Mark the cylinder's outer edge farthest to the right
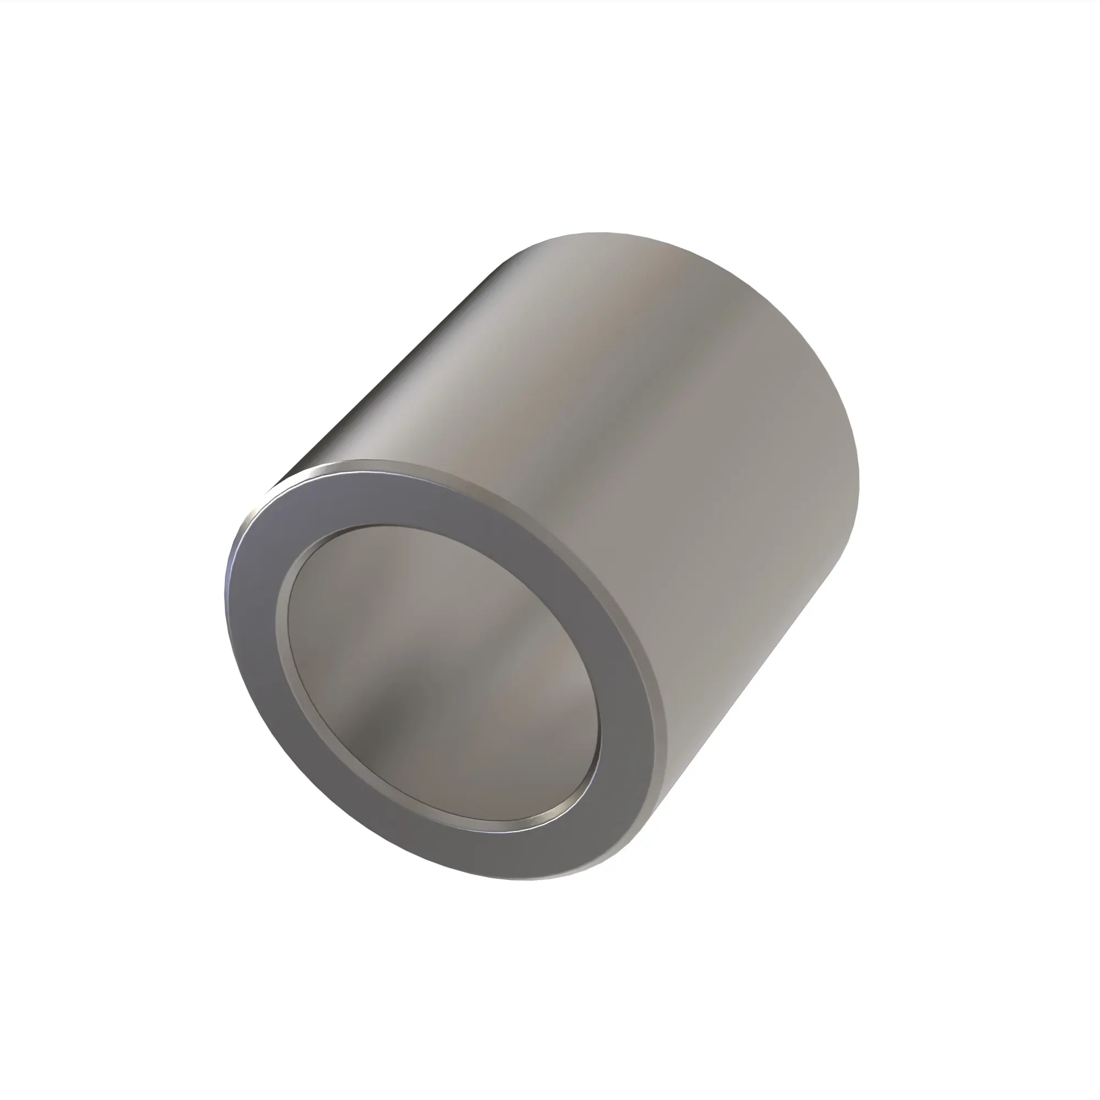pos(859,484)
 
